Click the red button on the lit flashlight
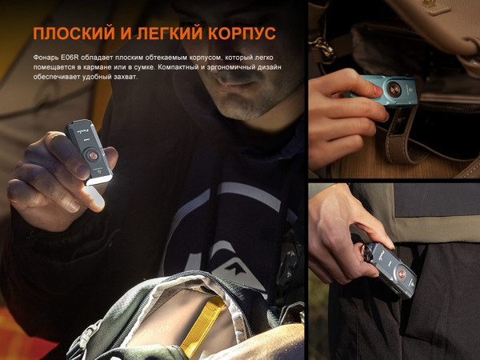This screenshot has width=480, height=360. click(94, 153)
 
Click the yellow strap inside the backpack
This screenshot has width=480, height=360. click(201, 324)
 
